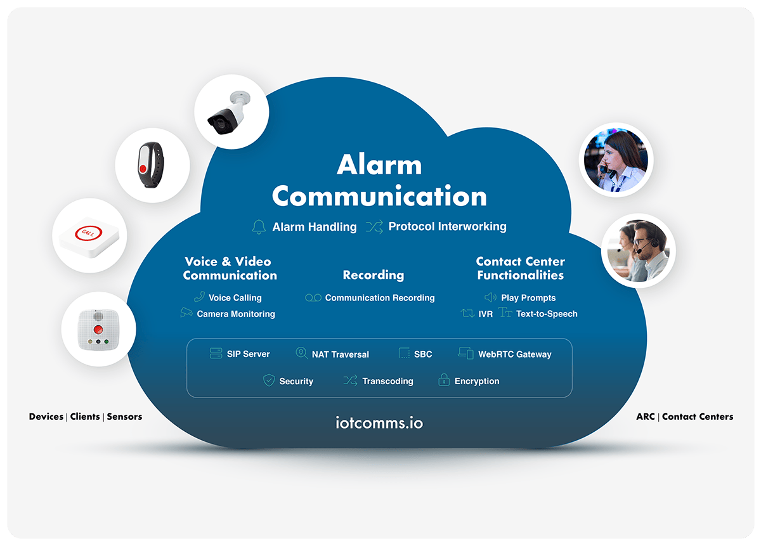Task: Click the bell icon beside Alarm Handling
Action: click(259, 227)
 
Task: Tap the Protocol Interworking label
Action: click(447, 226)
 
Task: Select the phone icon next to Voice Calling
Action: click(199, 297)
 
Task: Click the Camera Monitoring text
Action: click(236, 314)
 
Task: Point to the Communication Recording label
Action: click(380, 297)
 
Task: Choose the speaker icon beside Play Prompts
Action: click(490, 297)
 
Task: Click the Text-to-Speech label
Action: click(547, 314)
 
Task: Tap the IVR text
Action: click(486, 314)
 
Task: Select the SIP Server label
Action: click(248, 354)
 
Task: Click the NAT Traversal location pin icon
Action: click(302, 354)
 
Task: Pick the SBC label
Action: click(423, 354)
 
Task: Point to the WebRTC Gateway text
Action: click(514, 354)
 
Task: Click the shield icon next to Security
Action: click(269, 381)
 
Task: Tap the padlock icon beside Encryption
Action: click(444, 381)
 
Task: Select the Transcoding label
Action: click(387, 381)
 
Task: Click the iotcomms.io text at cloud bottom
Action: click(380, 422)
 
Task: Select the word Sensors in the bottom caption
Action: click(124, 417)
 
